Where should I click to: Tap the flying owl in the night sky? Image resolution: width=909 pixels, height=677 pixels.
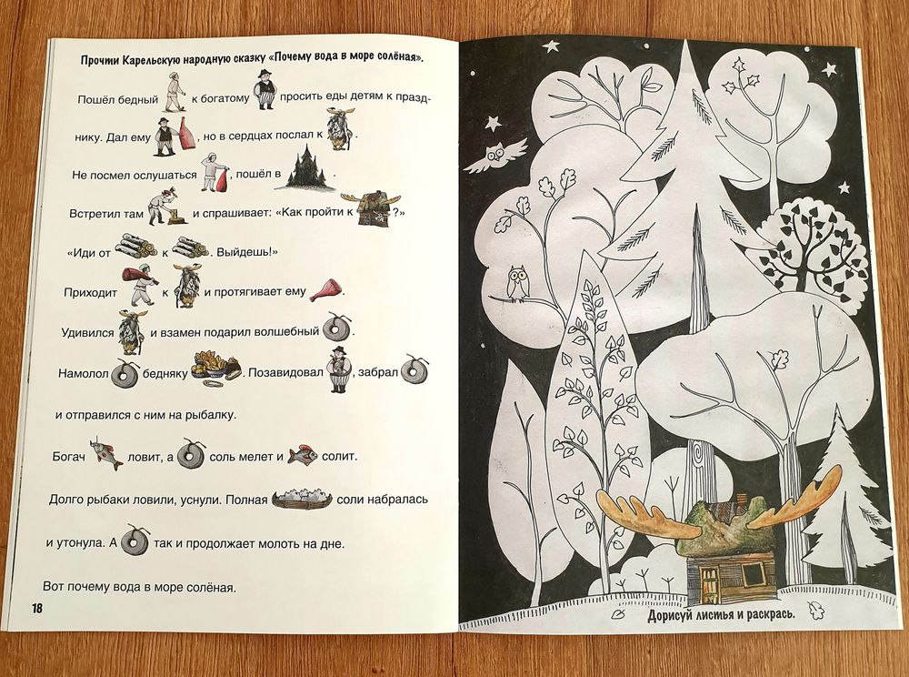click(495, 156)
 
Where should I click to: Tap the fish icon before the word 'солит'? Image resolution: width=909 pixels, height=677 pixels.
click(302, 455)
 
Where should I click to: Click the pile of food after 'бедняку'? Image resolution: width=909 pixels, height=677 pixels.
click(215, 367)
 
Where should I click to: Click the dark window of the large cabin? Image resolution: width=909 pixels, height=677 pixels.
click(753, 574)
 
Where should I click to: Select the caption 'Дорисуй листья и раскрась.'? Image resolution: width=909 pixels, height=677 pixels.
click(721, 615)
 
